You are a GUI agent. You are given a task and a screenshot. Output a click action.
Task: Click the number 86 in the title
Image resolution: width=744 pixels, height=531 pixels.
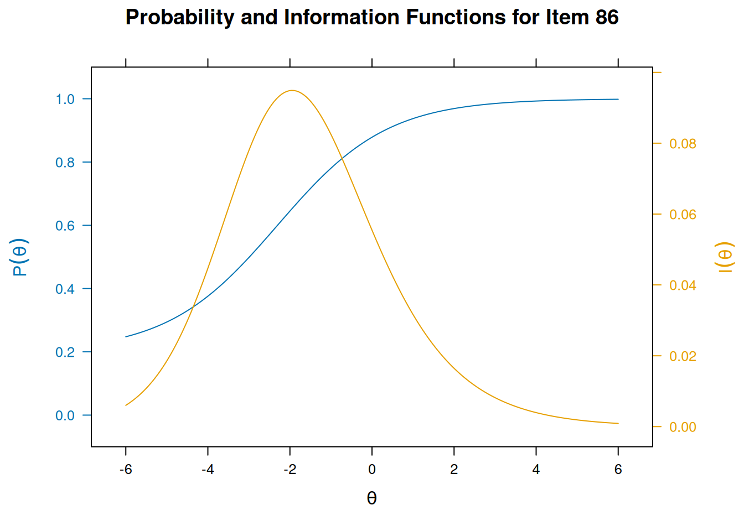607,18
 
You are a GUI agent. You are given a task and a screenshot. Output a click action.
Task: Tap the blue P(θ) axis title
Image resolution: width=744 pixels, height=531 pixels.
20,257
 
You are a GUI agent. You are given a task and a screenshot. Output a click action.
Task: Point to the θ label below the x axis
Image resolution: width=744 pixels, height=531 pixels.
372,498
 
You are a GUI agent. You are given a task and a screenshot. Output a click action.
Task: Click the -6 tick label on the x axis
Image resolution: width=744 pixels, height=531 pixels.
126,470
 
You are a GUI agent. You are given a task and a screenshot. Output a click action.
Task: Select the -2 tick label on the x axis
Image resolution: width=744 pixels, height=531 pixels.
290,470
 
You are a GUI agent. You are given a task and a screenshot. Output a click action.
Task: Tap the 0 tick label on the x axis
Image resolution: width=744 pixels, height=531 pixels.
372,470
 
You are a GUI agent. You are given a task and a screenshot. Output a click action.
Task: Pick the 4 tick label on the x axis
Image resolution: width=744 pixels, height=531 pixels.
536,470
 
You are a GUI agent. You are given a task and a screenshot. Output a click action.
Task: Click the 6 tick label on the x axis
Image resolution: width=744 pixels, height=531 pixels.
618,470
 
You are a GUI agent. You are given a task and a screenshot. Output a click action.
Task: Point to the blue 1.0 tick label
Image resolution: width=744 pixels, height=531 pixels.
65,99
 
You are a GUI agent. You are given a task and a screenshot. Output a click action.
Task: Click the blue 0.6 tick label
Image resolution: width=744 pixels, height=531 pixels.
65,226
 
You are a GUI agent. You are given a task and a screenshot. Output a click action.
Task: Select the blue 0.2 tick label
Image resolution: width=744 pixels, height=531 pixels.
65,352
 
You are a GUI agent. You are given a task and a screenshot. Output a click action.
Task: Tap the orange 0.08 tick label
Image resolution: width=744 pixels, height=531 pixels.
683,144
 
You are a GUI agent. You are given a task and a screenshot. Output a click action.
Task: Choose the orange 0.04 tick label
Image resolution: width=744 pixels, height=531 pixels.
683,285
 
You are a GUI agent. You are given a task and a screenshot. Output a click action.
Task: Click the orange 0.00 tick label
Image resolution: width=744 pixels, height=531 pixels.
683,427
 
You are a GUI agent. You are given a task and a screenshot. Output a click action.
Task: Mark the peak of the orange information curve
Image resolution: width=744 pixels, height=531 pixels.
292,90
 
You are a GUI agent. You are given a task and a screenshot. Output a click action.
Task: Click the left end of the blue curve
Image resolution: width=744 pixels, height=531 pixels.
126,336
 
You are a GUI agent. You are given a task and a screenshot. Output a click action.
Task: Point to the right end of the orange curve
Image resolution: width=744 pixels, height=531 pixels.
618,423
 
